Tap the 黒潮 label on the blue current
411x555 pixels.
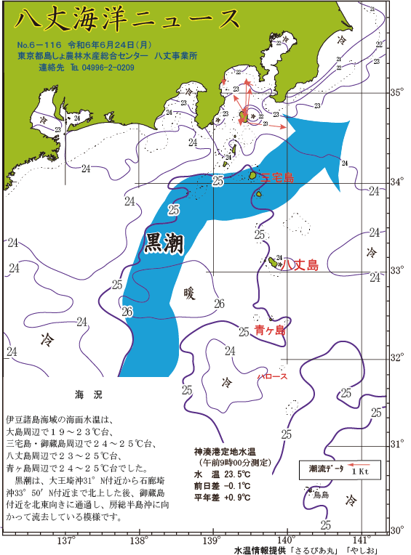164,243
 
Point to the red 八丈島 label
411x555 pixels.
300,265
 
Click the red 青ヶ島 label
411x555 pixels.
270,331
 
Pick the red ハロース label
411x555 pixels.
273,376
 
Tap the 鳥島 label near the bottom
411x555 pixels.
321,495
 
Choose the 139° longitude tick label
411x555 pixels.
212,541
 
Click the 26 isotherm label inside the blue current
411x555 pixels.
127,312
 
